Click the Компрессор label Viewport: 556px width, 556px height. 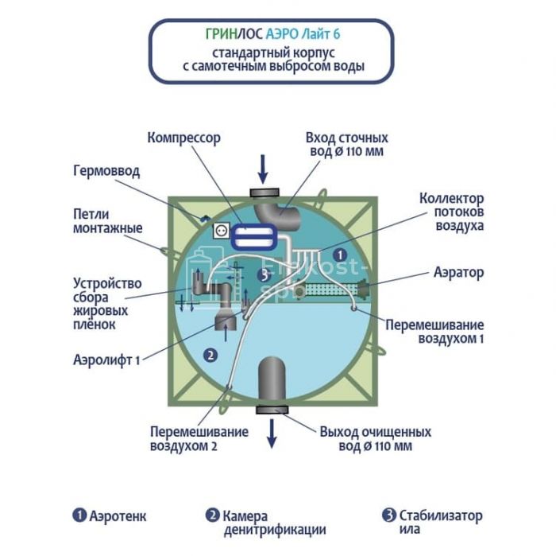[x=183, y=138]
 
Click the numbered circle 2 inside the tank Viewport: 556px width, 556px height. [x=210, y=356]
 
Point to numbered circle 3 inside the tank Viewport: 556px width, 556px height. [x=264, y=275]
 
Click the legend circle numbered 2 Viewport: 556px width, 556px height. [x=212, y=515]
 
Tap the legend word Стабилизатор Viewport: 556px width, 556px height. [x=442, y=516]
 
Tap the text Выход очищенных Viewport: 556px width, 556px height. [x=376, y=432]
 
